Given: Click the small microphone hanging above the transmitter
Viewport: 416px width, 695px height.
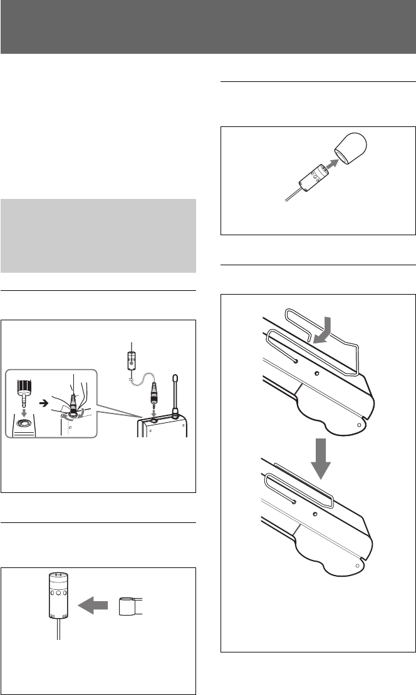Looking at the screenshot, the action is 131,362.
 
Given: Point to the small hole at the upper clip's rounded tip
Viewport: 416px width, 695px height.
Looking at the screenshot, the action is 358,424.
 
